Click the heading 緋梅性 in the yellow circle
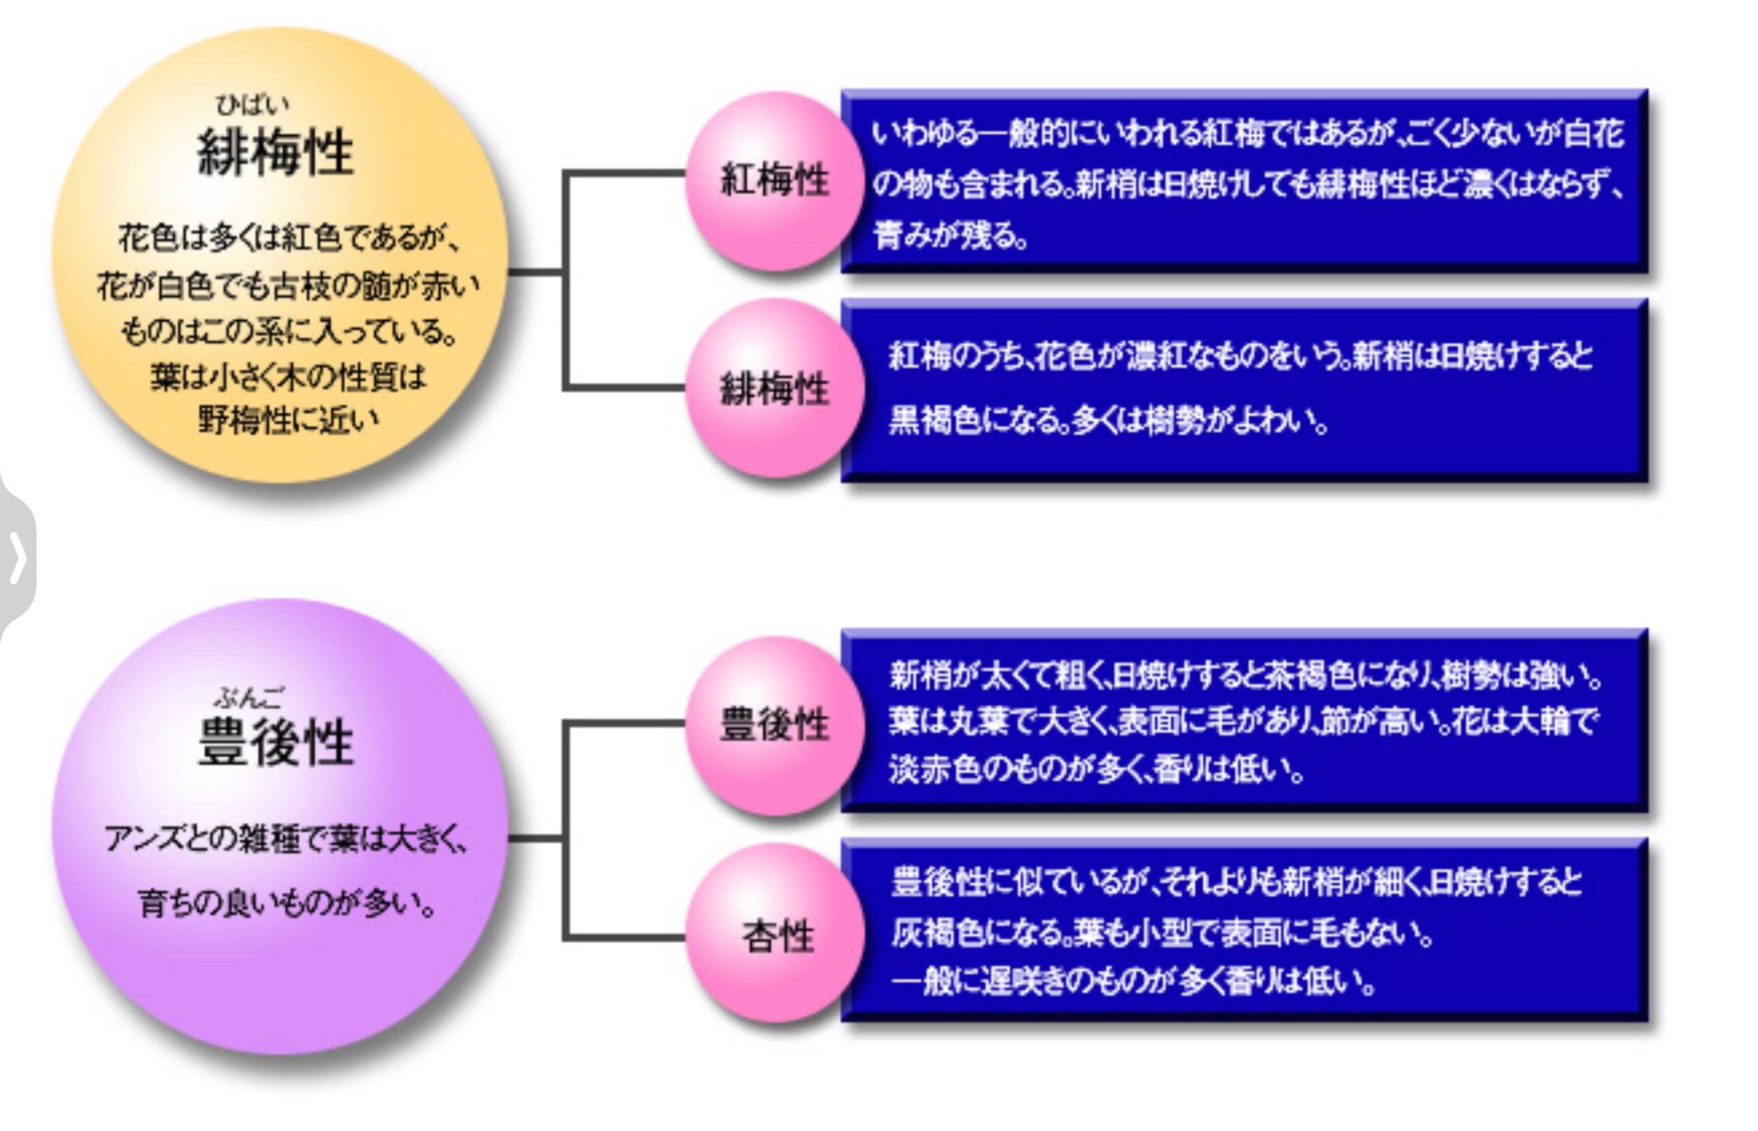tap(275, 153)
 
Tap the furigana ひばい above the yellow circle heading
tap(252, 105)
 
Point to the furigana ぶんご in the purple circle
tap(250, 696)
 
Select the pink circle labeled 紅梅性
tap(774, 181)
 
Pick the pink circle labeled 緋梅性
tap(774, 388)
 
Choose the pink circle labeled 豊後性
tap(774, 725)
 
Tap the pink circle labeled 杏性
tap(775, 936)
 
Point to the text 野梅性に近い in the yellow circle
tap(289, 420)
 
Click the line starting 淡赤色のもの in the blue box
tap(1094, 770)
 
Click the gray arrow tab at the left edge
tap(16, 558)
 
